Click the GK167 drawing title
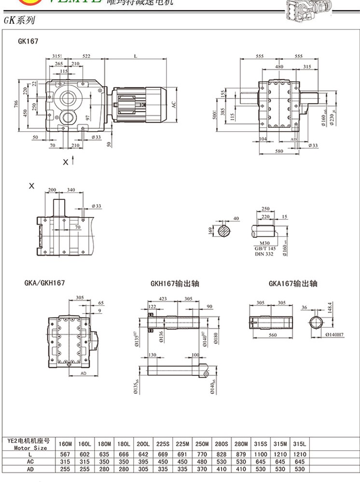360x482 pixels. coord(28,41)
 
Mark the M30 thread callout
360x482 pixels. coord(265,243)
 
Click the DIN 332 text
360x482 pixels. coord(264,254)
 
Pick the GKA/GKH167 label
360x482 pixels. coord(44,283)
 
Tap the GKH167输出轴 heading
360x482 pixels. coord(174,284)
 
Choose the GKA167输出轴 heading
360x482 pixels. coord(293,284)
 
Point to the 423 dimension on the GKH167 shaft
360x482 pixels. coord(163,299)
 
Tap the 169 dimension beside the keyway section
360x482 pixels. coord(210,230)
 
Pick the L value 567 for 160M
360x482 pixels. coord(65,454)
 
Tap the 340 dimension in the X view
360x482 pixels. coord(71,190)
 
